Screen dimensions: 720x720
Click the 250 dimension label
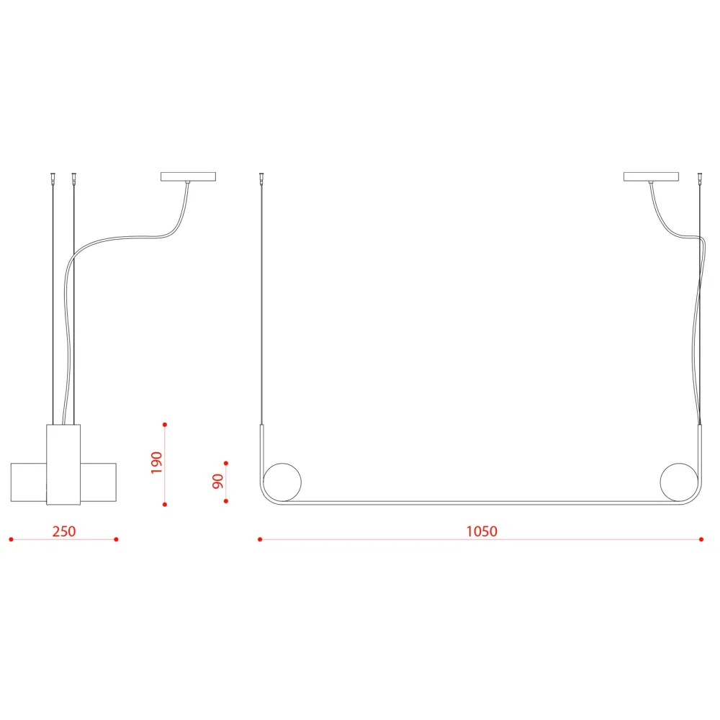click(x=64, y=531)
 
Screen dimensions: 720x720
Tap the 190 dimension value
click(x=156, y=463)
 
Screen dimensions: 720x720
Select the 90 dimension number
click(x=217, y=481)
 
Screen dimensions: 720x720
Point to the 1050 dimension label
click(x=482, y=531)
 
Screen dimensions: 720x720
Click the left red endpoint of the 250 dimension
click(x=11, y=539)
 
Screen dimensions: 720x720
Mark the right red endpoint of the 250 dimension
click(x=116, y=539)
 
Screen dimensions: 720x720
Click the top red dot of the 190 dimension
click(x=165, y=425)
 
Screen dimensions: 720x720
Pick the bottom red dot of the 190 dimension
click(x=165, y=505)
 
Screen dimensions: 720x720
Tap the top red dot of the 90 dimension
click(x=226, y=463)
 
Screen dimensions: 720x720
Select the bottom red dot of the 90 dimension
click(x=226, y=501)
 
